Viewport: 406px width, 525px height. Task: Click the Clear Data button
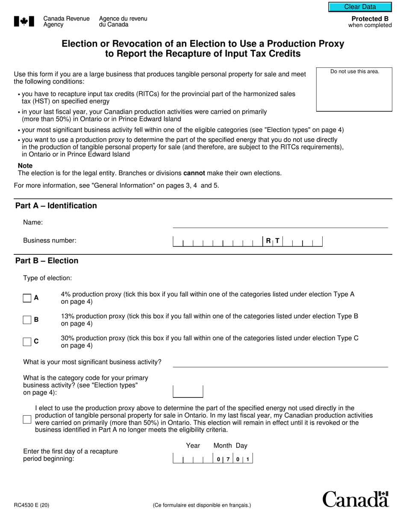point(360,7)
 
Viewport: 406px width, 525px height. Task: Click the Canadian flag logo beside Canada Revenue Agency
point(24,22)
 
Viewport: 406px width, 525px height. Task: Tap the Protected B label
point(370,19)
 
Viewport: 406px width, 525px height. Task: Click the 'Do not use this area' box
point(354,89)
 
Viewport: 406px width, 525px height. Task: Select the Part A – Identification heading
point(56,206)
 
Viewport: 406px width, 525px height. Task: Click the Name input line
point(280,223)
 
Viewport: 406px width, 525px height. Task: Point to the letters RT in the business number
point(273,241)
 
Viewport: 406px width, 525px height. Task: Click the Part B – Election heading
point(47,261)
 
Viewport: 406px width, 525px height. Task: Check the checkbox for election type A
point(27,298)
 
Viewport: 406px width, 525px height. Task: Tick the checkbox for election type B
point(27,320)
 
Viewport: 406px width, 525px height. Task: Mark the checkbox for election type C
point(27,341)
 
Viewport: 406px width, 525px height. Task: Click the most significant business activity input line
point(280,362)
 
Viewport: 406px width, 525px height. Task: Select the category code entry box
point(188,391)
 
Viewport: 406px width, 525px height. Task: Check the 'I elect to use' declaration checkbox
point(27,419)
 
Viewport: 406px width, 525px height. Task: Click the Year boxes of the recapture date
point(193,459)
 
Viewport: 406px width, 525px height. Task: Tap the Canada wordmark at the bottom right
point(355,499)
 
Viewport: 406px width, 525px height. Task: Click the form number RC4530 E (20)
point(32,505)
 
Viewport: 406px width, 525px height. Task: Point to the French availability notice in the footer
point(202,505)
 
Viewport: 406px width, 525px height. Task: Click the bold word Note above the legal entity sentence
point(25,166)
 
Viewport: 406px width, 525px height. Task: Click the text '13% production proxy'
point(93,316)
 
